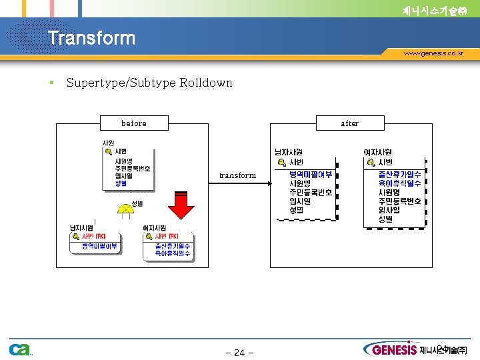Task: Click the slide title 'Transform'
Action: click(91, 39)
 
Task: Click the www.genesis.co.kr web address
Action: click(433, 53)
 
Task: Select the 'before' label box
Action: click(134, 123)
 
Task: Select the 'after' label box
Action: click(349, 123)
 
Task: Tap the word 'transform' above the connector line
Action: click(237, 175)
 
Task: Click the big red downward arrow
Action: click(181, 204)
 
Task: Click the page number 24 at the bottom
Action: click(239, 353)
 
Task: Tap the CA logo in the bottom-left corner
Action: click(19, 349)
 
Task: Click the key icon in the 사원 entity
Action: click(108, 151)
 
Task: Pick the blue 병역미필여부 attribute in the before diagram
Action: click(99, 246)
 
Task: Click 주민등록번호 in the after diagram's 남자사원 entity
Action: click(311, 192)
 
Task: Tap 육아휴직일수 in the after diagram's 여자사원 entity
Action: click(399, 183)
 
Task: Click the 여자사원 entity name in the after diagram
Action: click(377, 153)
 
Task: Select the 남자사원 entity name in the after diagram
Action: click(289, 153)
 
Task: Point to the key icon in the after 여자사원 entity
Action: click(371, 163)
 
